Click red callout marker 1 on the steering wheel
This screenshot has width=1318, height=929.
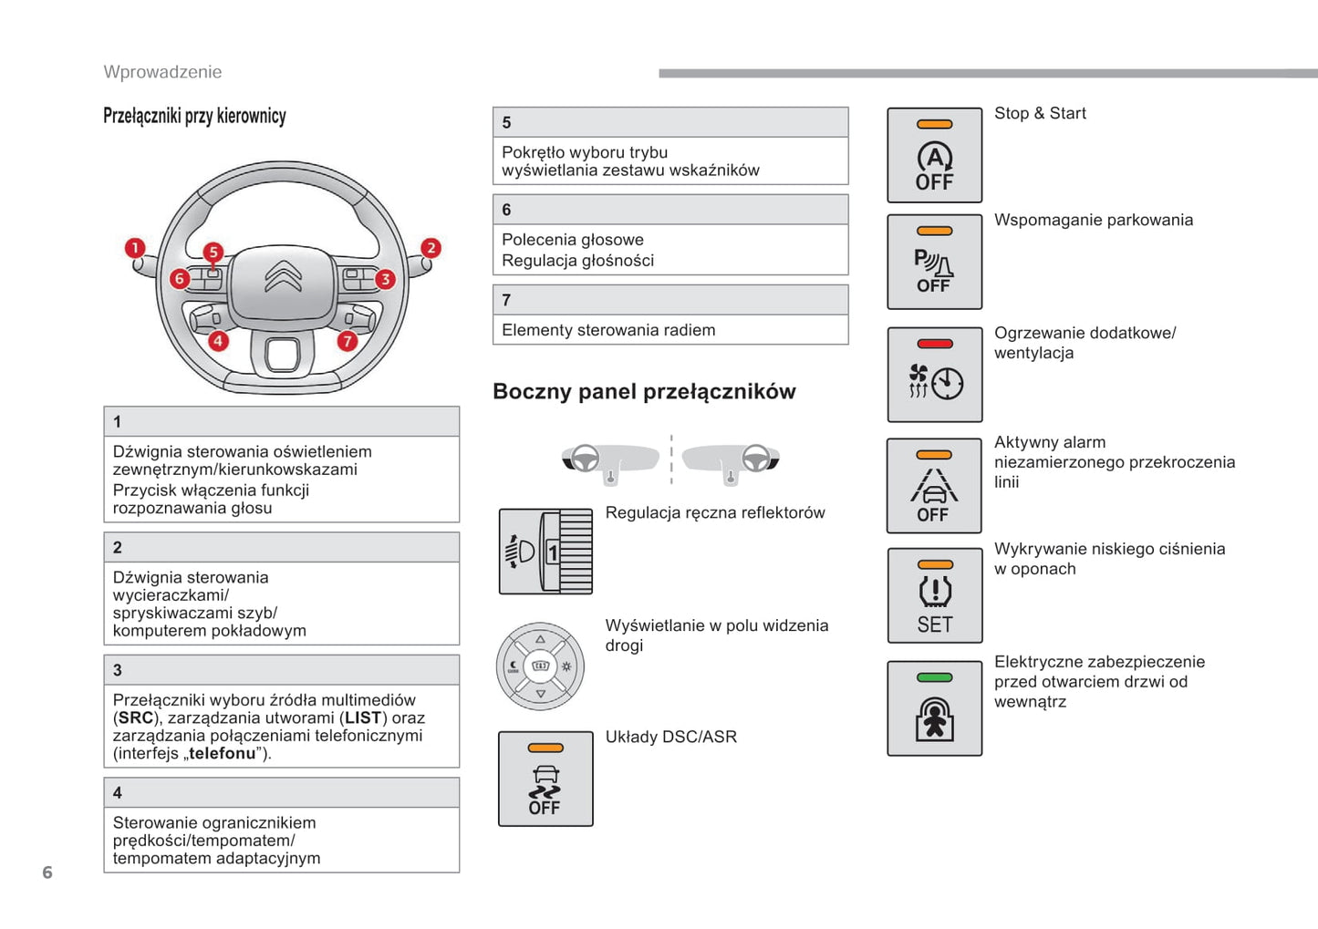pyautogui.click(x=135, y=248)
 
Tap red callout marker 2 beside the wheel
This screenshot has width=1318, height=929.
pyautogui.click(x=431, y=248)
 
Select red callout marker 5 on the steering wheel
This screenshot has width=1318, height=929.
pyautogui.click(x=213, y=252)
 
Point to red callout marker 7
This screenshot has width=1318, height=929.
pyautogui.click(x=347, y=341)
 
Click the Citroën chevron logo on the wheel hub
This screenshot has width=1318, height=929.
pyautogui.click(x=283, y=276)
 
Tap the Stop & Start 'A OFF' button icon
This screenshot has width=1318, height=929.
pyautogui.click(x=934, y=155)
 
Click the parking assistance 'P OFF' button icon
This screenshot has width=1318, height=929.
pyautogui.click(x=934, y=263)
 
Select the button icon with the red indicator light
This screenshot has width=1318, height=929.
pyautogui.click(x=934, y=375)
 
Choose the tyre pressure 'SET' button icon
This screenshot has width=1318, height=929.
pyautogui.click(x=934, y=596)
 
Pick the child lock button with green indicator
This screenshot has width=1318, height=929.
pyautogui.click(x=934, y=708)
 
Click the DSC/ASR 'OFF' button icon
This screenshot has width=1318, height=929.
pyautogui.click(x=545, y=779)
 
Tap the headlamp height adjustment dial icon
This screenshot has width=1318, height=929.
pyautogui.click(x=545, y=552)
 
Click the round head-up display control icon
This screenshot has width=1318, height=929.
pyautogui.click(x=540, y=666)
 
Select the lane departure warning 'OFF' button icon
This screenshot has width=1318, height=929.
pyautogui.click(x=934, y=486)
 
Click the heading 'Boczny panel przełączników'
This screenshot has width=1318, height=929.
pyautogui.click(x=644, y=392)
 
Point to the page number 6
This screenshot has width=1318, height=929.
pyautogui.click(x=47, y=872)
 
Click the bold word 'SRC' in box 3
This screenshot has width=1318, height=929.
pyautogui.click(x=136, y=718)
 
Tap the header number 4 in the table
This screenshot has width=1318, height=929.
pyautogui.click(x=118, y=792)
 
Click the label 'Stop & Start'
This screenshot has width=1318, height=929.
pyautogui.click(x=1040, y=113)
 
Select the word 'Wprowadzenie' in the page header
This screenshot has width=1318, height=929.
pyautogui.click(x=162, y=72)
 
